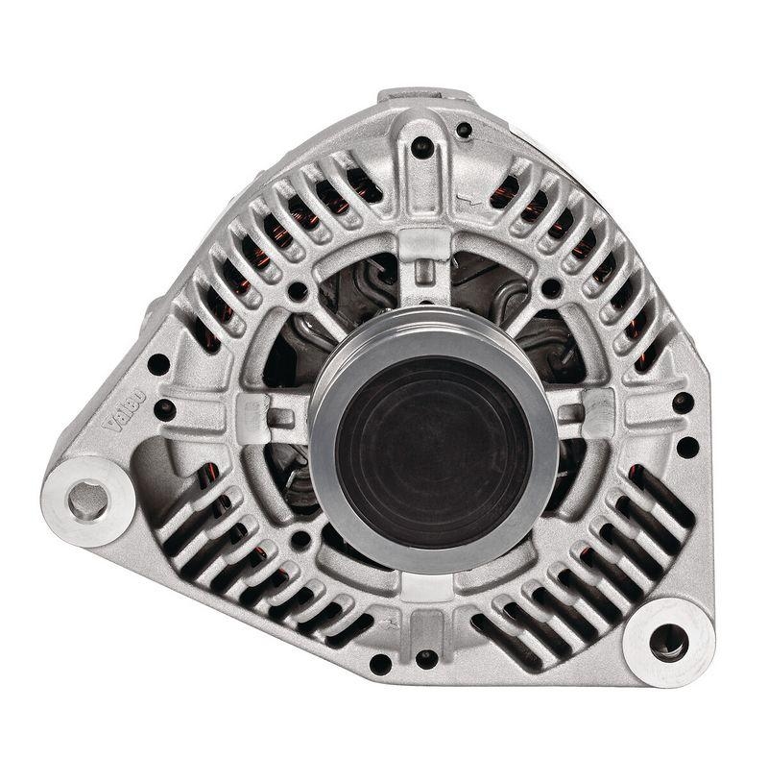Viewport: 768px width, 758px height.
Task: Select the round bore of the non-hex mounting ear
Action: click(x=668, y=641)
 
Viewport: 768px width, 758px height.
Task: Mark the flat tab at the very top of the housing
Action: click(x=426, y=95)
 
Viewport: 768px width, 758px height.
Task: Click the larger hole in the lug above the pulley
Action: click(x=421, y=147)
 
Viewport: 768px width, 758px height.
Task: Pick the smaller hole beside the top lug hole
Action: click(x=464, y=130)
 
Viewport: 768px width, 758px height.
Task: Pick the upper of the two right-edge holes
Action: click(x=683, y=402)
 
